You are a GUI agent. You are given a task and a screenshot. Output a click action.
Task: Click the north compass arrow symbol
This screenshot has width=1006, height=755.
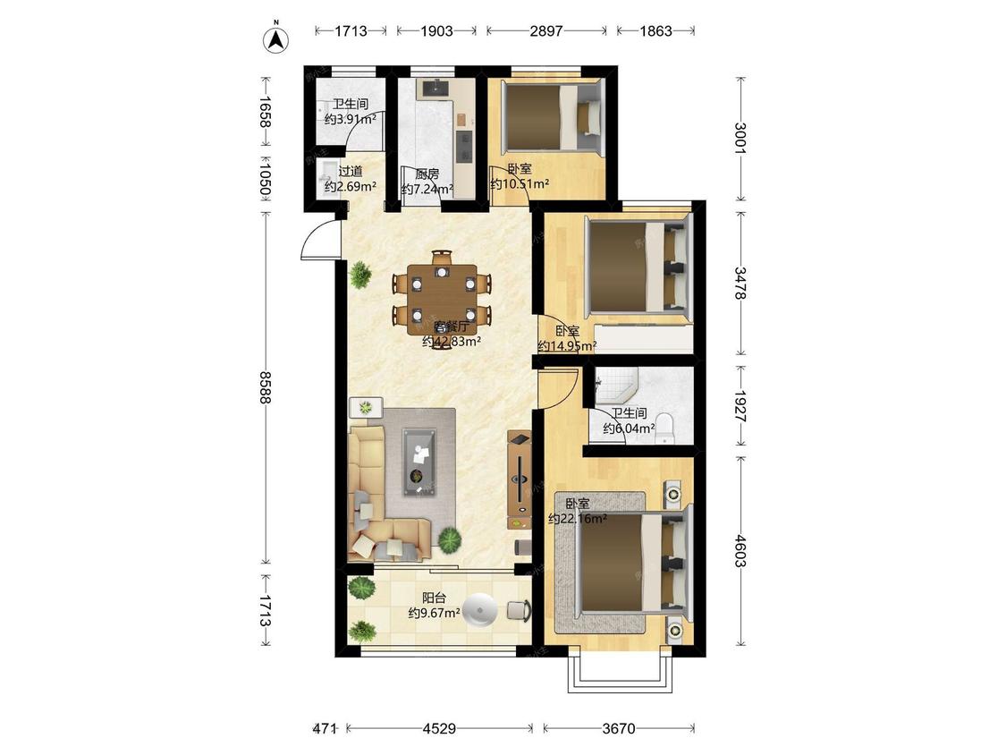[276, 38]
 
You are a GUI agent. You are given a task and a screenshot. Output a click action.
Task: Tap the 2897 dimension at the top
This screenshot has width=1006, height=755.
[546, 30]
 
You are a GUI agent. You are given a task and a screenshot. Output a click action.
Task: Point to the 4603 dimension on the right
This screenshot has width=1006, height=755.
[740, 551]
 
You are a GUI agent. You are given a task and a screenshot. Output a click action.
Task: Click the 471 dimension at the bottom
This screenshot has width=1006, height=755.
[325, 729]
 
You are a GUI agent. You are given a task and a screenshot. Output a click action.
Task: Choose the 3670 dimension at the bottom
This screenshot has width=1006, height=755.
[619, 729]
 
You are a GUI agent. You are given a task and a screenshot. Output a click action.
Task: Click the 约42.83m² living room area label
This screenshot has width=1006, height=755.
[452, 343]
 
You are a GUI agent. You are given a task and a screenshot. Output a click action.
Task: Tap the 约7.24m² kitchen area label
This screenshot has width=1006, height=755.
[427, 190]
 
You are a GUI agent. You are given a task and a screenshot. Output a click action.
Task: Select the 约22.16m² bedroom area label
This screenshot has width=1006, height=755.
[578, 519]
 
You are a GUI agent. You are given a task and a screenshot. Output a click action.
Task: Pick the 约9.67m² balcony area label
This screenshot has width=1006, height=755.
[435, 613]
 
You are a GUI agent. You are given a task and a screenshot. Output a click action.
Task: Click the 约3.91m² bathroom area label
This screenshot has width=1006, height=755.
[351, 119]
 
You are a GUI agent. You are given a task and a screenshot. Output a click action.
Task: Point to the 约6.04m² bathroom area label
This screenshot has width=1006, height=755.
[629, 428]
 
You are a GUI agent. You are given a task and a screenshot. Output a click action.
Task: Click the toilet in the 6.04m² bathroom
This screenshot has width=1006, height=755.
[665, 428]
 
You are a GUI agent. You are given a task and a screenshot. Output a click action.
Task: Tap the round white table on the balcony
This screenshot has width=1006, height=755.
[480, 610]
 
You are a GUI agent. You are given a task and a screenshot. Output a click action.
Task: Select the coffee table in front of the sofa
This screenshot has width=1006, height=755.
[420, 462]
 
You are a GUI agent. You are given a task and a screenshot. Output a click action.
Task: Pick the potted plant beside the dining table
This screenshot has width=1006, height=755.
[360, 276]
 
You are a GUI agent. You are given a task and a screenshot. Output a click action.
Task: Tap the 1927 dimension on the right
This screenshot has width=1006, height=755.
[740, 406]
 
